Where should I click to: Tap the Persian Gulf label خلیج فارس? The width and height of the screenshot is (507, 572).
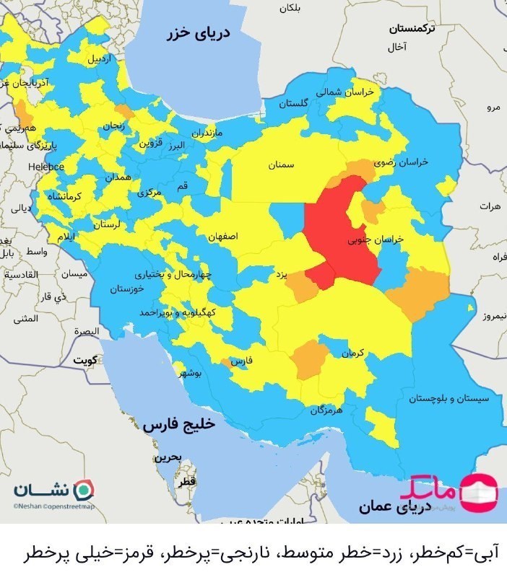(178, 425)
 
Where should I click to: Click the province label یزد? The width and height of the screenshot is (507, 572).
(282, 275)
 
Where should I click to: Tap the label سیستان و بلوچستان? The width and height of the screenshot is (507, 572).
(448, 398)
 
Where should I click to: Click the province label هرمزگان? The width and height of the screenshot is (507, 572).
(325, 410)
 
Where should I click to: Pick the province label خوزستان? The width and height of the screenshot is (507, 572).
(127, 289)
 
